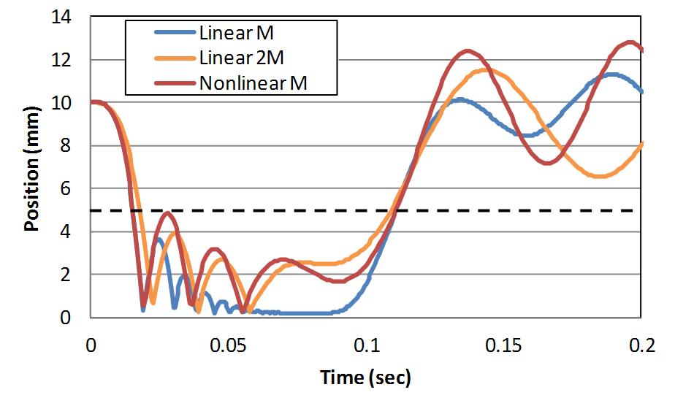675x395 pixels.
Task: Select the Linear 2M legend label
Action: coord(243,58)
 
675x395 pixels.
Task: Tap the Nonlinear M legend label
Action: coord(253,83)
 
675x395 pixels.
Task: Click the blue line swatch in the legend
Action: coord(175,33)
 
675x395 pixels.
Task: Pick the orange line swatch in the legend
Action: coord(175,58)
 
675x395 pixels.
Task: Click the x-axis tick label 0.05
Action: coord(228,343)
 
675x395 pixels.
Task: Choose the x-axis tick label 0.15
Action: coord(504,343)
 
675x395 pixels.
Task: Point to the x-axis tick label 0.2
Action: coord(641,343)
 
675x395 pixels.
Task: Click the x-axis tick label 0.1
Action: coord(366,343)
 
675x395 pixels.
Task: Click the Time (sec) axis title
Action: coord(365,377)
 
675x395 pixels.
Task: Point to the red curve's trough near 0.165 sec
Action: coord(548,163)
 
